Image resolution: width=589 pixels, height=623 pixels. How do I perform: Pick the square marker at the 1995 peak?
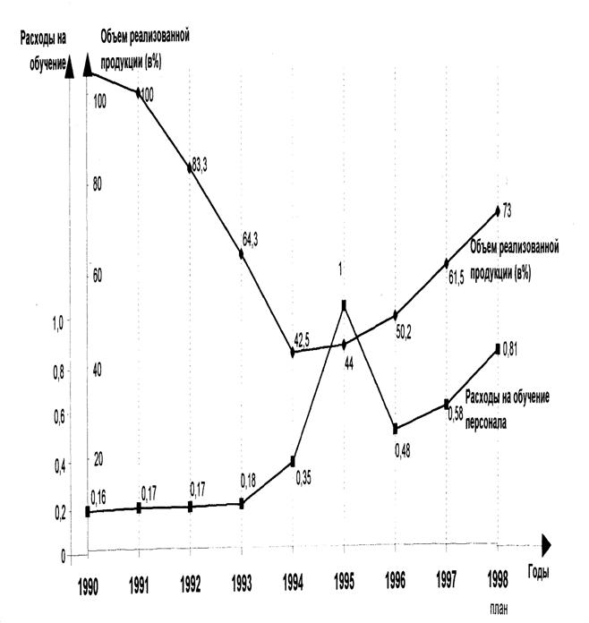point(344,305)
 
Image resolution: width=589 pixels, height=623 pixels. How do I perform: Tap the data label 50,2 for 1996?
point(406,332)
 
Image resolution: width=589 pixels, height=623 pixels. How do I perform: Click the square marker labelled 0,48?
point(395,428)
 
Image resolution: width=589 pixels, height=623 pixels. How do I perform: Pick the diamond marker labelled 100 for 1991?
point(139,92)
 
